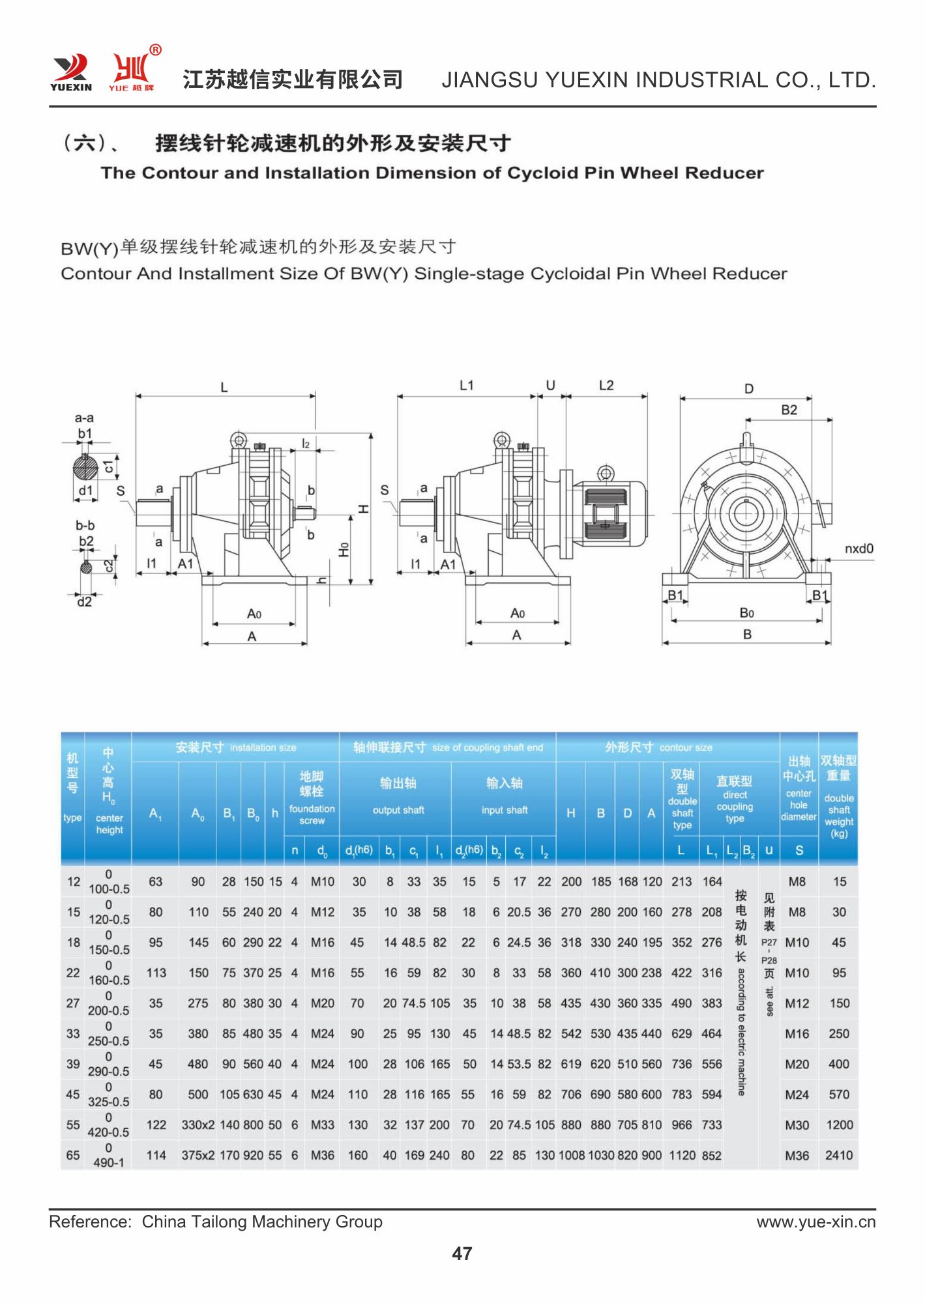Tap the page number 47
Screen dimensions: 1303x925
[462, 1253]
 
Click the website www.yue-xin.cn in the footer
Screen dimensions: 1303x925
[815, 1222]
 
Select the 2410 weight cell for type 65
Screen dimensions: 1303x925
[838, 1155]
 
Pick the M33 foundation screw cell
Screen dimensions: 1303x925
[322, 1124]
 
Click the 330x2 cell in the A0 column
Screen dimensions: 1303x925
[198, 1124]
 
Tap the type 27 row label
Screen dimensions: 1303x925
[73, 1003]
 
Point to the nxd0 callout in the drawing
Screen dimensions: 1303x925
[859, 549]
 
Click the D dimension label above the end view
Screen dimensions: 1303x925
[749, 389]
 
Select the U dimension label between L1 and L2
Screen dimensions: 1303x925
[550, 386]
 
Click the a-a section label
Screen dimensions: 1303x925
[84, 418]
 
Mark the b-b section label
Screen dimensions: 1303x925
[85, 525]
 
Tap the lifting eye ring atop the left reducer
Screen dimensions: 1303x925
[239, 440]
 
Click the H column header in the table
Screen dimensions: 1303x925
[570, 812]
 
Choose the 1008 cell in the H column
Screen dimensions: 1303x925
[571, 1155]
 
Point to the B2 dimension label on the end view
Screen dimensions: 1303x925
[789, 410]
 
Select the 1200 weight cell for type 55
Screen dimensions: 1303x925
[838, 1124]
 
